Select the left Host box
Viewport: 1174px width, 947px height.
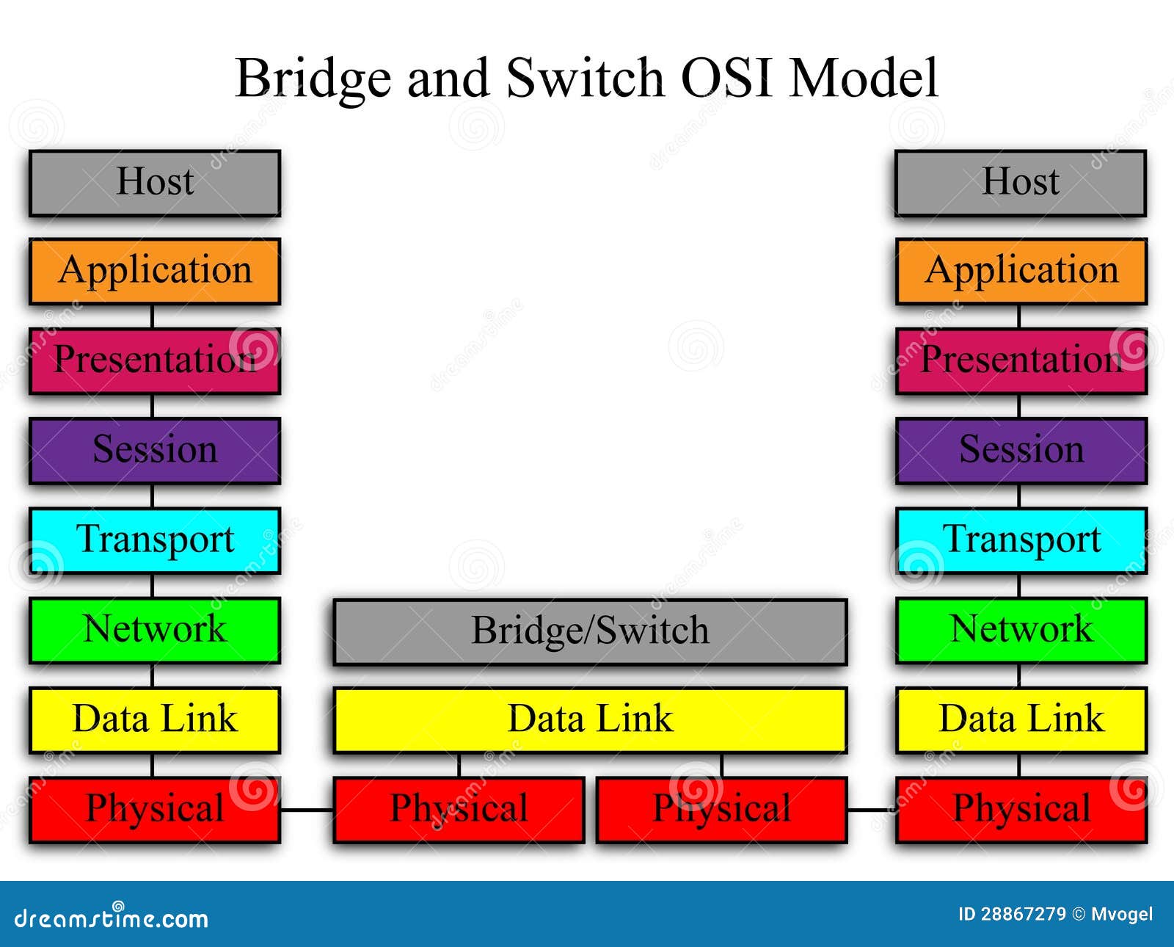point(155,183)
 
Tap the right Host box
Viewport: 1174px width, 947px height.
point(1020,183)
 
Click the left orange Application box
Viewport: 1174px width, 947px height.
point(155,271)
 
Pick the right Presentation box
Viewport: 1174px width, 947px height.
point(1021,360)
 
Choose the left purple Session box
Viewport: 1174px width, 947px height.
point(155,450)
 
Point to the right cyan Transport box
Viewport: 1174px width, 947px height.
point(1021,540)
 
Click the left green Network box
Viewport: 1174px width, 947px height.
point(155,630)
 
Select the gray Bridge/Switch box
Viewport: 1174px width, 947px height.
point(590,631)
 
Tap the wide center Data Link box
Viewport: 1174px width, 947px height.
point(590,719)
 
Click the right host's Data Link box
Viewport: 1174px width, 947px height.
point(1021,719)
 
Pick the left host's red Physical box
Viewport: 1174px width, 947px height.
point(155,809)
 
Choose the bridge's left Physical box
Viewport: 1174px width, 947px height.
point(459,809)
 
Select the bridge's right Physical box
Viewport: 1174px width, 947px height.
point(721,809)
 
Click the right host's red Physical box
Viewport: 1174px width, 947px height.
point(1021,809)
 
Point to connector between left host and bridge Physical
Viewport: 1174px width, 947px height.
point(307,810)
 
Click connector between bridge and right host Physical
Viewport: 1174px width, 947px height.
point(871,810)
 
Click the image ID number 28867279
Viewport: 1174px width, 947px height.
point(1023,914)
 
